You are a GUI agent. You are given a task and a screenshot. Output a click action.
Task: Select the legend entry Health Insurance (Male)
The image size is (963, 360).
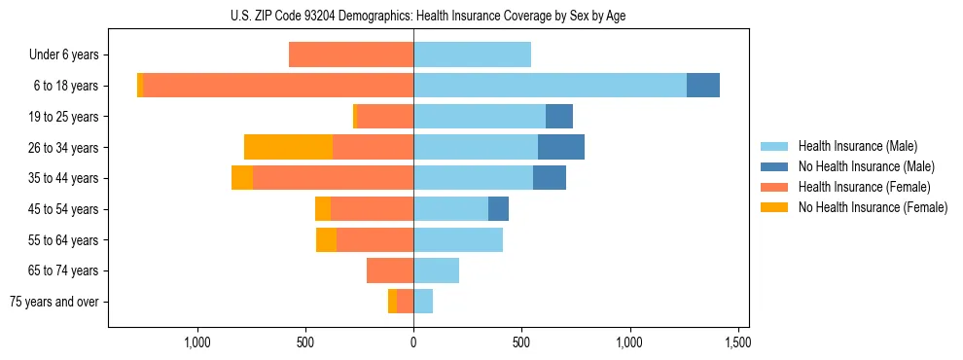click(857, 146)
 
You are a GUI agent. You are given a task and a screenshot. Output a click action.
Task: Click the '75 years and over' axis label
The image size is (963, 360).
click(54, 302)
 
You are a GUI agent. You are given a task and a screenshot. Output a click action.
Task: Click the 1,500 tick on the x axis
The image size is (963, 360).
click(737, 342)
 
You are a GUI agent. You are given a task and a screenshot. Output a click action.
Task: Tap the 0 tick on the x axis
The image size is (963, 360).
click(413, 342)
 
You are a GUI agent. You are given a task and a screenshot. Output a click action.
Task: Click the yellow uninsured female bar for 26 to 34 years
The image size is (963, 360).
click(288, 147)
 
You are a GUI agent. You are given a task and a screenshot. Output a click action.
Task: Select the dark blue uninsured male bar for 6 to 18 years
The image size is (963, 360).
click(702, 86)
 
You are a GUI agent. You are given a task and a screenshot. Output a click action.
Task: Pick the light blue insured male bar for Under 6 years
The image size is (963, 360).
click(472, 55)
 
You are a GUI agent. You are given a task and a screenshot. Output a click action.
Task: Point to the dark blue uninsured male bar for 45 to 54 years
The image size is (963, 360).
click(498, 209)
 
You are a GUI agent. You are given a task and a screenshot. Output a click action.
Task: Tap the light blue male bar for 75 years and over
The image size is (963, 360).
click(423, 302)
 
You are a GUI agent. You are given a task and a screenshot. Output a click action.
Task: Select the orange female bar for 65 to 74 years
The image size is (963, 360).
click(390, 270)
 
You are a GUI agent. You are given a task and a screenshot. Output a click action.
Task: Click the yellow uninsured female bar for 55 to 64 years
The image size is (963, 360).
click(326, 239)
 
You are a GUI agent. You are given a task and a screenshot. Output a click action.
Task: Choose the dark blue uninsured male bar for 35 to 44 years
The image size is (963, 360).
click(550, 178)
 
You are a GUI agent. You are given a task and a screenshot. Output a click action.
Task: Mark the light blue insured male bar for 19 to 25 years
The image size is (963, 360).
click(480, 117)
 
